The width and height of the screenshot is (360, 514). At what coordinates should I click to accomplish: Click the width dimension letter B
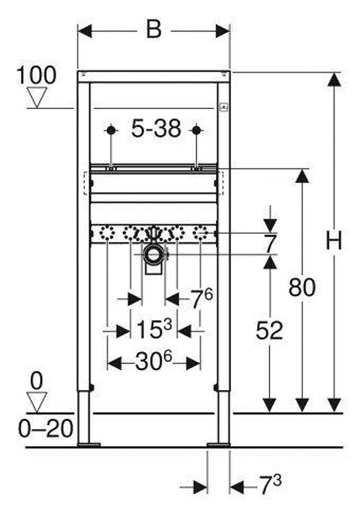point(154,29)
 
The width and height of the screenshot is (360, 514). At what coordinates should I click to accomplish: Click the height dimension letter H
point(334,240)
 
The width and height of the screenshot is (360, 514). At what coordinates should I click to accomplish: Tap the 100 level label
point(36,75)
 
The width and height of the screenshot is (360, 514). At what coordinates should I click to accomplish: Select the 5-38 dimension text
point(156,128)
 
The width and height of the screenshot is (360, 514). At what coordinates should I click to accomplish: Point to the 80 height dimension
point(302,287)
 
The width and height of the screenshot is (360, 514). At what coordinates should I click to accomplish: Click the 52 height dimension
point(269,330)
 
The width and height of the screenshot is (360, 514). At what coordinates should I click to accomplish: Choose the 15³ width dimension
point(154,329)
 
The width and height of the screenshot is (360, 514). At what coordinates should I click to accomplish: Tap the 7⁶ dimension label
point(202,298)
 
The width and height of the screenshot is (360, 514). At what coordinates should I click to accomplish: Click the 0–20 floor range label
point(45,428)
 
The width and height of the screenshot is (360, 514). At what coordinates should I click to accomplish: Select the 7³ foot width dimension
point(270,485)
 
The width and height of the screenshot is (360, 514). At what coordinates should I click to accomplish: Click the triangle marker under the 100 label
point(36,98)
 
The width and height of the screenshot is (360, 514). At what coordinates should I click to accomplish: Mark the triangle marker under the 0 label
point(36,402)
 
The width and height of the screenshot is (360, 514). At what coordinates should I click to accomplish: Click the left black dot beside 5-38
point(111,130)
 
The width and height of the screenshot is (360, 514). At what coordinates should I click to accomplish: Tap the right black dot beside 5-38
point(196,130)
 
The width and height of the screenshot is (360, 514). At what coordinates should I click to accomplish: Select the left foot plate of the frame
point(89,445)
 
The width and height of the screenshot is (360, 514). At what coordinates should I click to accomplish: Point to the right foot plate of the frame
point(218,445)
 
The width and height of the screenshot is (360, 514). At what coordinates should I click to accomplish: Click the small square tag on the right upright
point(224,106)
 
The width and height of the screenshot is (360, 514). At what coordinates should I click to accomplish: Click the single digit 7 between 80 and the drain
point(270,243)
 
